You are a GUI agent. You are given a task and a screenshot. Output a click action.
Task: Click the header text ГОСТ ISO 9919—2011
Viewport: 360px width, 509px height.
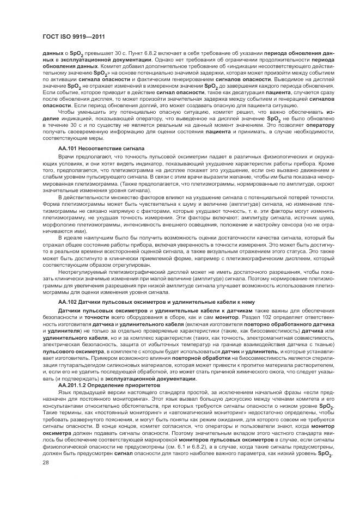coord(73,37)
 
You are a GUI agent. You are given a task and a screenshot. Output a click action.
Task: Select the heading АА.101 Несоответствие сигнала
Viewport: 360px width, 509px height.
coord(101,148)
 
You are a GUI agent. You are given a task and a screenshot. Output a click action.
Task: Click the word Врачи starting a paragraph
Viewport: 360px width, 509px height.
coord(65,156)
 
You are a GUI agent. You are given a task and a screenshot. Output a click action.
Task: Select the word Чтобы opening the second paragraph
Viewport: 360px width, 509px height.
coord(66,111)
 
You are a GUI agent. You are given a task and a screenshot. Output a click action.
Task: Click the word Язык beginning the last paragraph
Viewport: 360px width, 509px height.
coord(64,393)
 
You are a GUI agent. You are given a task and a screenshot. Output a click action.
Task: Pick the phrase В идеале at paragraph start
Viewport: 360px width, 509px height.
coord(70,237)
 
